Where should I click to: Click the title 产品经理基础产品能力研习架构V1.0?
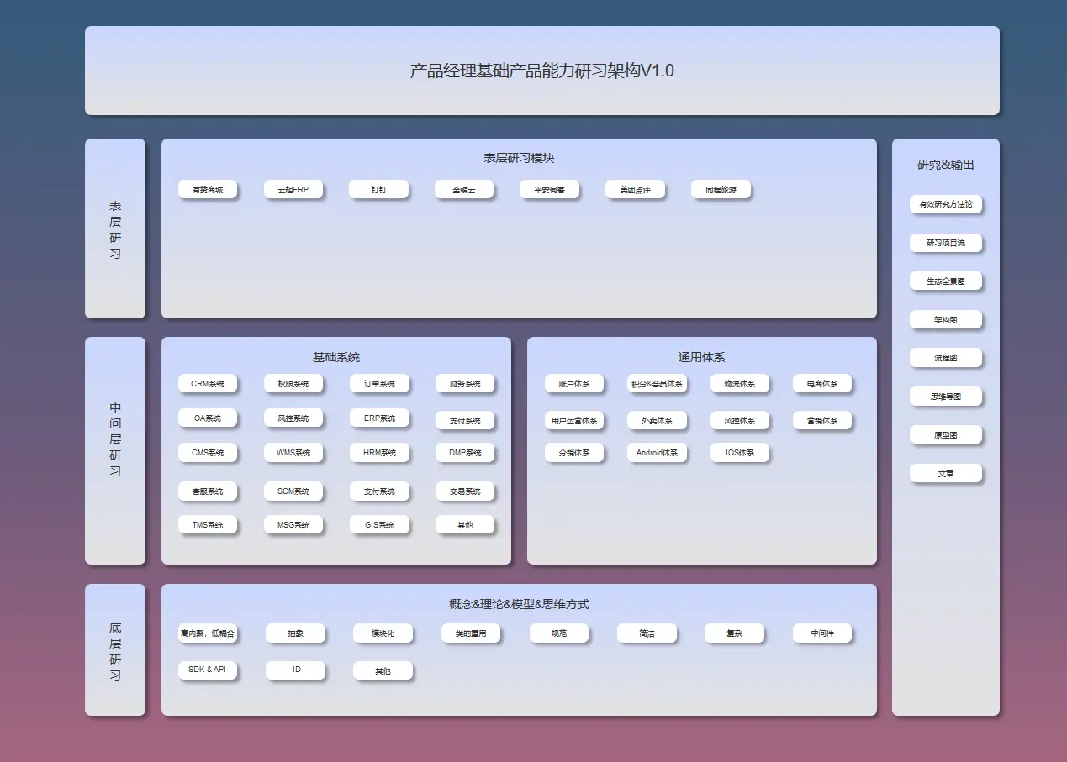click(541, 71)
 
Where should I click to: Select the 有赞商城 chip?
click(208, 190)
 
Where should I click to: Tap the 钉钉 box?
click(378, 190)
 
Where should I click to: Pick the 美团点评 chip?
click(635, 190)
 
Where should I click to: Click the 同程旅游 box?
click(721, 190)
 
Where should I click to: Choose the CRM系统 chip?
click(208, 384)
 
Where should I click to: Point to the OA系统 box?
click(208, 418)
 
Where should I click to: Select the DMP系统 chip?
click(465, 453)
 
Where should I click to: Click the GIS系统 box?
click(379, 525)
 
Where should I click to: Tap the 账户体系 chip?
click(573, 384)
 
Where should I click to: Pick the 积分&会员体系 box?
click(657, 384)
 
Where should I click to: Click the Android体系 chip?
click(657, 453)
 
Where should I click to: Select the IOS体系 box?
click(739, 453)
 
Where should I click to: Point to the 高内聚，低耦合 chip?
click(208, 633)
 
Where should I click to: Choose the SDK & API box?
click(208, 670)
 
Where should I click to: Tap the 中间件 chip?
click(822, 633)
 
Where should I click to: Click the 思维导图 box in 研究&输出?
click(946, 397)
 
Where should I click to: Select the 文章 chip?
click(946, 474)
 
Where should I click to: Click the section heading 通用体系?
click(701, 357)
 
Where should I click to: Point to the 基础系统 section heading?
click(336, 357)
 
